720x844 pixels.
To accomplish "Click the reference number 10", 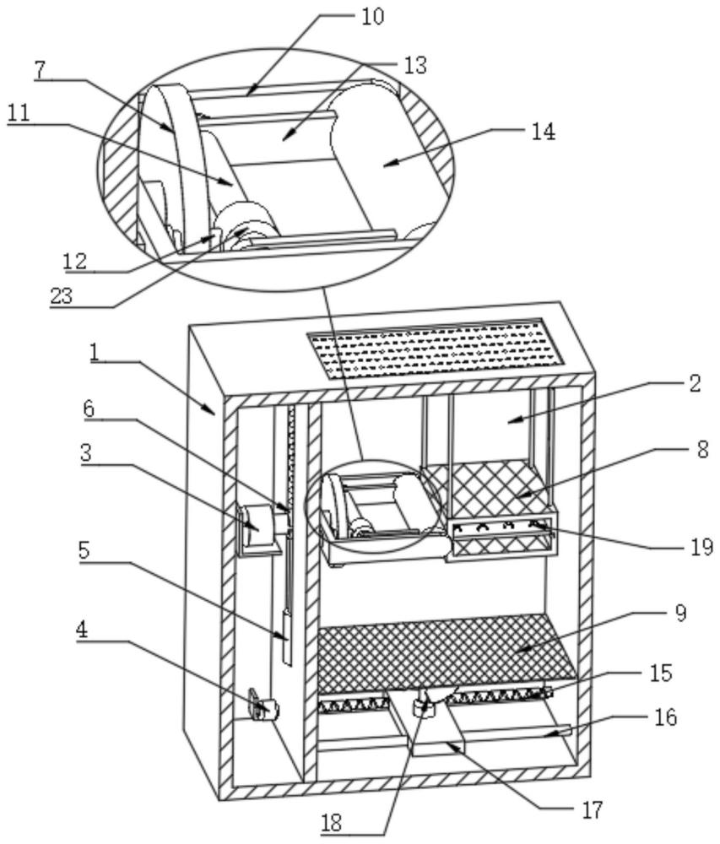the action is coord(372,16).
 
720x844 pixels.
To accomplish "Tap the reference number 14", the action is coord(543,132).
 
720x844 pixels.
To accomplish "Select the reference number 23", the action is coord(62,296).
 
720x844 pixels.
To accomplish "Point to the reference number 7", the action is coord(41,70).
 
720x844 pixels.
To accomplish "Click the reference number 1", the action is coord(95,353).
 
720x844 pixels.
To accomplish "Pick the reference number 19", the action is coord(700,547).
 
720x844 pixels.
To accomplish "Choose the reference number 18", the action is coord(333,824).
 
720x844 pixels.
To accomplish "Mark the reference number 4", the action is coord(82,630).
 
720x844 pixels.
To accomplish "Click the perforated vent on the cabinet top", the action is coord(436,347).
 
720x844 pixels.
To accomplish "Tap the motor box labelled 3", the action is coord(259,530).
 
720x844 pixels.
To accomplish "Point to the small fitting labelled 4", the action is coord(263,704).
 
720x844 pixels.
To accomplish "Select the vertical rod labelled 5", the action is coord(287,636).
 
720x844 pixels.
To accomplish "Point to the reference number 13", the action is coord(415,66).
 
